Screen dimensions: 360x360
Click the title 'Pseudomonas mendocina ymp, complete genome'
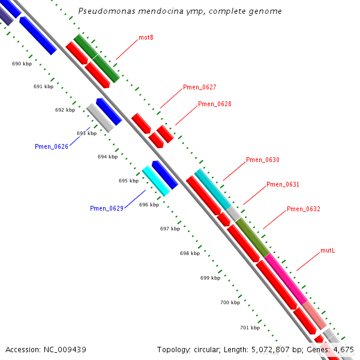[x=180, y=11]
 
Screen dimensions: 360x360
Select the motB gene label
[x=146, y=37]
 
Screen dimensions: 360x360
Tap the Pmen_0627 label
[x=199, y=88]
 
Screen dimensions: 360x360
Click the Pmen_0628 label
[x=214, y=104]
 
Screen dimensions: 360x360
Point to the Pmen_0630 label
[x=262, y=160]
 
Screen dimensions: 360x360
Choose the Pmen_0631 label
[x=283, y=185]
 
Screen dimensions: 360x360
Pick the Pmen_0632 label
[x=303, y=209]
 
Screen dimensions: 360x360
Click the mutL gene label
[x=327, y=250]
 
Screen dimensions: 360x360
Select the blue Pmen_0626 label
[x=52, y=146]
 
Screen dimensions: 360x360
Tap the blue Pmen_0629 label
[x=107, y=209]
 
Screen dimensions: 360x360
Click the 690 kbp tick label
[x=22, y=64]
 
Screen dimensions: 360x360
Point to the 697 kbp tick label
[x=170, y=229]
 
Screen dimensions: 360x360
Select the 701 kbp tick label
[x=250, y=328]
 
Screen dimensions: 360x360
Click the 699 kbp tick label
[x=210, y=278]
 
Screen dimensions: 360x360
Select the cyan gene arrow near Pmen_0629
[x=155, y=181]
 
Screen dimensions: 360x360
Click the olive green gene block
[x=252, y=238]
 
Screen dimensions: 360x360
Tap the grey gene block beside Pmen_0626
[x=100, y=118]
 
